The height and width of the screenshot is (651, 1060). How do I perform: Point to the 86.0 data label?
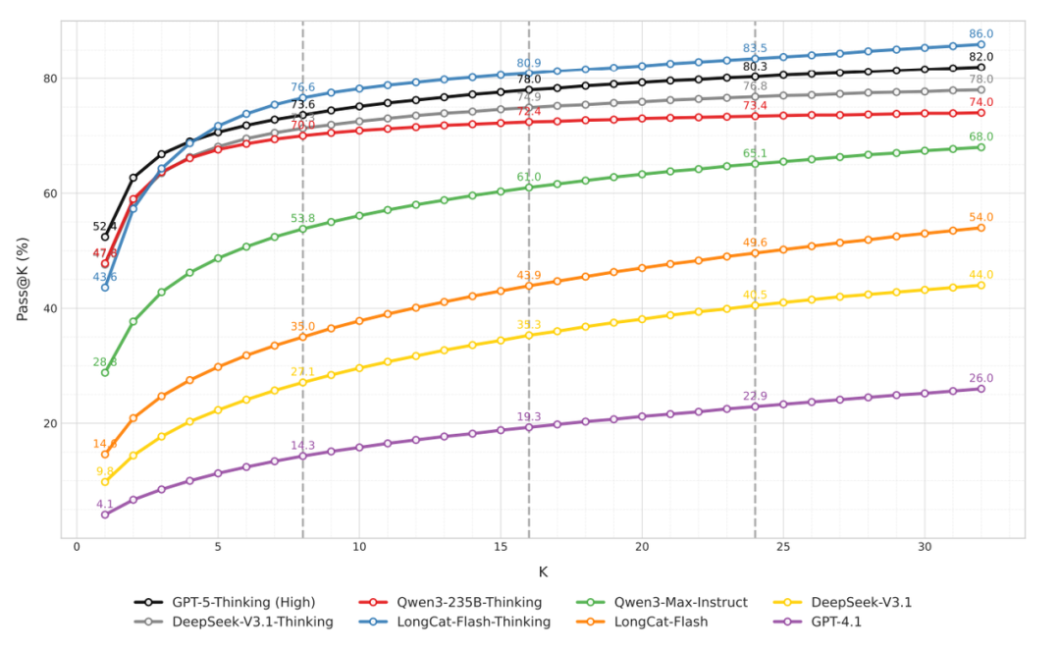pos(981,33)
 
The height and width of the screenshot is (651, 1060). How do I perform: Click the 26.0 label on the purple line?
pos(981,378)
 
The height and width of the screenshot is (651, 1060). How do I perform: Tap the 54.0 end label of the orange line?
pos(981,217)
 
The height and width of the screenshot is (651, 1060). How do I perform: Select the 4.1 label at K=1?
pos(105,504)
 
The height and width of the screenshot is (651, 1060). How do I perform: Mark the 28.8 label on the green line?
pos(105,362)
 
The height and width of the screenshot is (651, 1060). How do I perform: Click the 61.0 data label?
pos(529,177)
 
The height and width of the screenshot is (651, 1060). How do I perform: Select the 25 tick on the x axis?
pos(782,547)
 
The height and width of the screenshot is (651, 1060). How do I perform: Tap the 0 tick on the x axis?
pos(77,547)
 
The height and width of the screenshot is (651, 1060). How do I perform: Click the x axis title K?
pos(543,571)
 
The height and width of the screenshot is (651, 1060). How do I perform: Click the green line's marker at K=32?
pos(980,147)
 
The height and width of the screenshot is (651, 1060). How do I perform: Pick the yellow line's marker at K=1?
pos(105,481)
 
